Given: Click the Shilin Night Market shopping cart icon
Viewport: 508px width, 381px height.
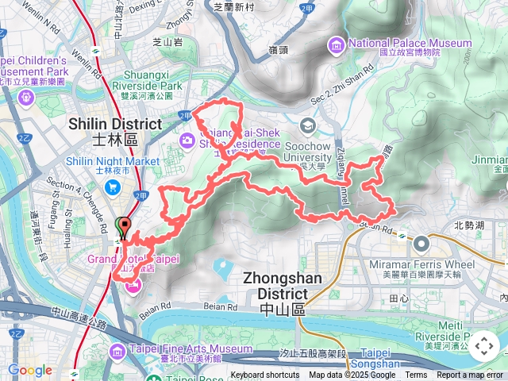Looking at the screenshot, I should click(113, 187).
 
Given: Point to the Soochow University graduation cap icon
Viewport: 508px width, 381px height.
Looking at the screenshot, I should click(307, 125).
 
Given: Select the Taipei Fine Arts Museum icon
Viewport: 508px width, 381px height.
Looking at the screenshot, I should click(117, 350).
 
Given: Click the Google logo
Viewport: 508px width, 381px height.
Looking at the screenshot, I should click(29, 370).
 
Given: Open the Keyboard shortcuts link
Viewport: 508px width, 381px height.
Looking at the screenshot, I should click(265, 375).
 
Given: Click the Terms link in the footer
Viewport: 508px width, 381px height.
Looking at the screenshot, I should click(416, 375).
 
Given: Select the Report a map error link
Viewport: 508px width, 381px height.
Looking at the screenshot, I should click(470, 375).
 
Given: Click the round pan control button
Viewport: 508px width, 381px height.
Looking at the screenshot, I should click(483, 346).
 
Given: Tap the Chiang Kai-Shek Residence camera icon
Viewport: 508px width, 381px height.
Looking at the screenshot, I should click(187, 140).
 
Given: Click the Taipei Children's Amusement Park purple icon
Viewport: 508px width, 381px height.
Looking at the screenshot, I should click(26, 97).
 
